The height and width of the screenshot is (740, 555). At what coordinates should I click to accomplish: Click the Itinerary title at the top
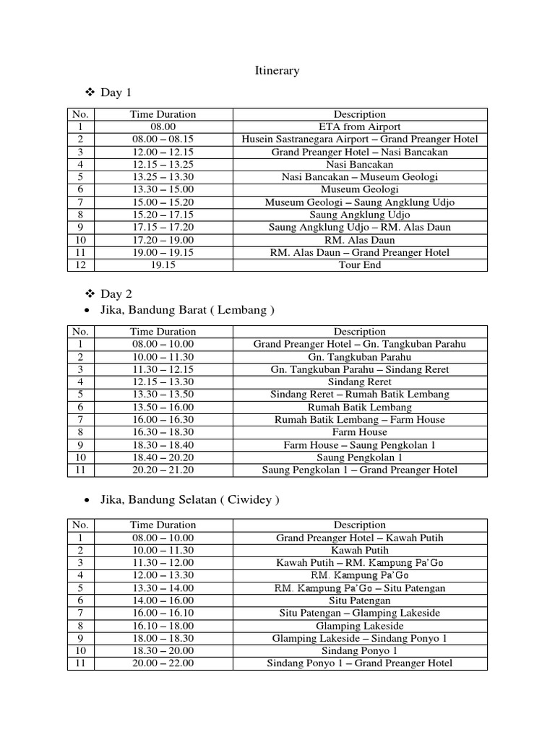coord(277,71)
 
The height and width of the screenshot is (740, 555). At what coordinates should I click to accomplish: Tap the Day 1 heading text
coord(116,93)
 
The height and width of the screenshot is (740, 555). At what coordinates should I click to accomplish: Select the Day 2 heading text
coord(116,294)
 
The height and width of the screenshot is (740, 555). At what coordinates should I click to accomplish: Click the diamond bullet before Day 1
coord(90,93)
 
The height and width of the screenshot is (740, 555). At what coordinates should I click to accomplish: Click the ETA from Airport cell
coord(359,126)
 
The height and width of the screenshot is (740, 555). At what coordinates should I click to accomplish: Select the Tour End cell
coord(359,264)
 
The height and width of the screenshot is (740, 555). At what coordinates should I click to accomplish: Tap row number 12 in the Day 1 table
coord(81,264)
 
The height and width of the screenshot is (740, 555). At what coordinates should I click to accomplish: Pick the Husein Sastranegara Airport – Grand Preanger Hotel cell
coord(359,139)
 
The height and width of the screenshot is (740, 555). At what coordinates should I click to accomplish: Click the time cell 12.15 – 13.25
coord(163,164)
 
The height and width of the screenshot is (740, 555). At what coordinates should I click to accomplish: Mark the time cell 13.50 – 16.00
coord(163,407)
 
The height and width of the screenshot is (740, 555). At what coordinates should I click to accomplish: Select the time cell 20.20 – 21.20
coord(163,470)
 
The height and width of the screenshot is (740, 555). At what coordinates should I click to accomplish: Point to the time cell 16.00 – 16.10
coord(163,613)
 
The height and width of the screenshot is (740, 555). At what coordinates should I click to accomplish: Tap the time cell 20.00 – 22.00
coord(163,663)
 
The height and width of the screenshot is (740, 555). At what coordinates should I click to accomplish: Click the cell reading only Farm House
coord(359,432)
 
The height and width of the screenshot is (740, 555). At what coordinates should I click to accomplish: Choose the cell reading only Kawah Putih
coord(359,551)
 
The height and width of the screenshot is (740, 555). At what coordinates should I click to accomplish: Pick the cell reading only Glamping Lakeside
coord(359,626)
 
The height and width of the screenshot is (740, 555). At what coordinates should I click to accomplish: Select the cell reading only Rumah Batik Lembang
coord(359,407)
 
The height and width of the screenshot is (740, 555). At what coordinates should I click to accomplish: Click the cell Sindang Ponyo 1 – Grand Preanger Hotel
coord(359,663)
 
